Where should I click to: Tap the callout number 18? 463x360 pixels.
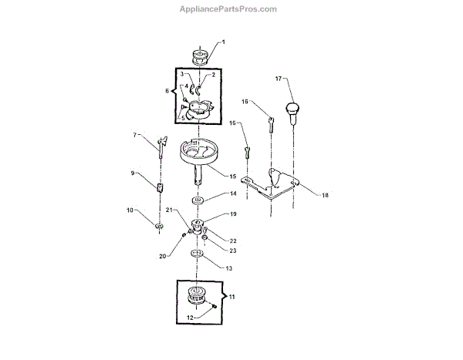[x=325, y=195]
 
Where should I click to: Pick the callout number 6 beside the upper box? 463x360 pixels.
[x=167, y=91]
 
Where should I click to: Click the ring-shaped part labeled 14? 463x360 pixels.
[x=198, y=200]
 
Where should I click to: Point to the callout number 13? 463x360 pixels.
[x=228, y=267]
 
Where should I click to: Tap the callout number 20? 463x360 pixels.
[x=163, y=256]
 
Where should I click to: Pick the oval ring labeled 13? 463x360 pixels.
[x=198, y=253]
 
